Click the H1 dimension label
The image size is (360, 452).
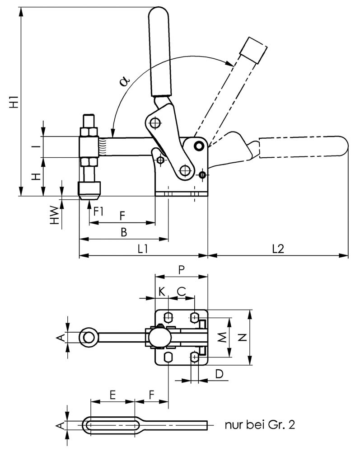tap(14, 102)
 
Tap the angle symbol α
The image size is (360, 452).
tap(125, 81)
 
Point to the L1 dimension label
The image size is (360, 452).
tap(144, 249)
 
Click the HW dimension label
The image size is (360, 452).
tap(54, 215)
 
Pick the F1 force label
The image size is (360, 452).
tap(98, 211)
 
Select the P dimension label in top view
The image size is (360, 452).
tap(181, 270)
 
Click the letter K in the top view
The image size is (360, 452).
tap(162, 291)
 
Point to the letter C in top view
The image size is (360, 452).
tap(181, 291)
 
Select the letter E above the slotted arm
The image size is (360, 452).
tap(113, 395)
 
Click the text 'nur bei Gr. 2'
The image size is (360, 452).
tap(261, 425)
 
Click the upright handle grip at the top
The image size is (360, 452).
tap(159, 50)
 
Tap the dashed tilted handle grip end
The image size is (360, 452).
tap(252, 49)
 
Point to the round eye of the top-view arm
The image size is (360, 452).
tap(89, 337)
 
